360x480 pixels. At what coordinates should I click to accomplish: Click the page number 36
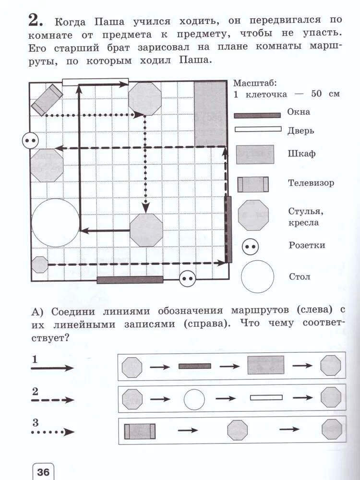(43, 471)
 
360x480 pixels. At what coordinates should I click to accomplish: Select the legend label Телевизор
(311, 183)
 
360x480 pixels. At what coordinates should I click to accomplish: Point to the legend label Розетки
(307, 245)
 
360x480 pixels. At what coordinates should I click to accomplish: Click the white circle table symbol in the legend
(257, 276)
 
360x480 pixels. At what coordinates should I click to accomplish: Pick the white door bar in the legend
(257, 129)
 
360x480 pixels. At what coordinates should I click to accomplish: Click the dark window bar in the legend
(257, 115)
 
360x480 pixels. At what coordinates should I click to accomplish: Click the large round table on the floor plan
(55, 222)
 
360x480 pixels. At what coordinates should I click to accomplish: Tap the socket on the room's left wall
(30, 141)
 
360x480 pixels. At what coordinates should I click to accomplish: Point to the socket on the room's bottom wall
(187, 278)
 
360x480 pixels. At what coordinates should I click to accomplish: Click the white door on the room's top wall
(96, 82)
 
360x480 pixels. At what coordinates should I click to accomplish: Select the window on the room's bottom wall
(130, 280)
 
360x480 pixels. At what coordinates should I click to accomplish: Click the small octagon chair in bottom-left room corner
(39, 264)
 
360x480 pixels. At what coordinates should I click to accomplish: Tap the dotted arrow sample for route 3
(52, 432)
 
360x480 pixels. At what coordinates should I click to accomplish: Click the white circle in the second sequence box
(194, 399)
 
